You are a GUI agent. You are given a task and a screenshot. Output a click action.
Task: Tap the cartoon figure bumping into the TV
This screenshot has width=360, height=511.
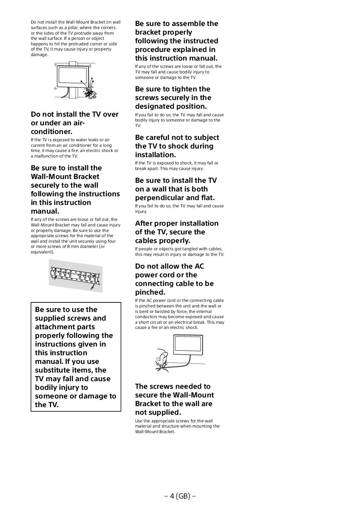[90, 90]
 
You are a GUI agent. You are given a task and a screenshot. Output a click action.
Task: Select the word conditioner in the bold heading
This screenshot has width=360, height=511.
[52, 132]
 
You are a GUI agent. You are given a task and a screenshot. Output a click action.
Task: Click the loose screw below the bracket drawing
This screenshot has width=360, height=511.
[93, 287]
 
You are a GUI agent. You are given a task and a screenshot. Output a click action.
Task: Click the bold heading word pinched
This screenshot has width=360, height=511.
[150, 292]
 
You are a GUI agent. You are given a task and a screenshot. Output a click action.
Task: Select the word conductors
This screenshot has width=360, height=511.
[146, 317]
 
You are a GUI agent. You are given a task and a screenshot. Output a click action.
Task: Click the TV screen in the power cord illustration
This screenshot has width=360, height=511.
[187, 344]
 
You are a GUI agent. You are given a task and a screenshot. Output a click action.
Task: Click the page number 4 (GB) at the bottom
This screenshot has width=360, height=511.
[180, 496]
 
